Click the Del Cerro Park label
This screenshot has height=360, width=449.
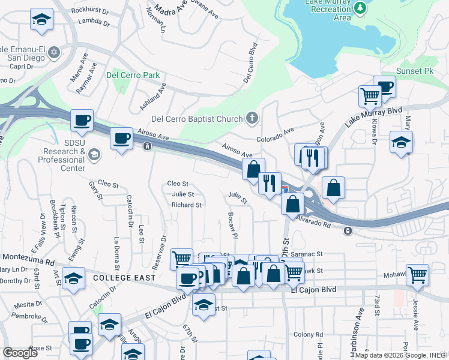coord(133,75)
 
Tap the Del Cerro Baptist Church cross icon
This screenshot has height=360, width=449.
coord(253,119)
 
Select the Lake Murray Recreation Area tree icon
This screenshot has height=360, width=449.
coord(360,8)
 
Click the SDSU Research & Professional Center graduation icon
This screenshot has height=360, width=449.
coord(94,155)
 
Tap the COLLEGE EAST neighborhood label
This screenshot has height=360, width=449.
coord(124,278)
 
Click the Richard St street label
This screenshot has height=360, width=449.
coord(186,205)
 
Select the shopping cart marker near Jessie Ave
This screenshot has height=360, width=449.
coord(417,275)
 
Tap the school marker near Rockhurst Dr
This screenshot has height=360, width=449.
coord(41,20)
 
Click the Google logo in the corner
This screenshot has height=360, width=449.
coord(20,353)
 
